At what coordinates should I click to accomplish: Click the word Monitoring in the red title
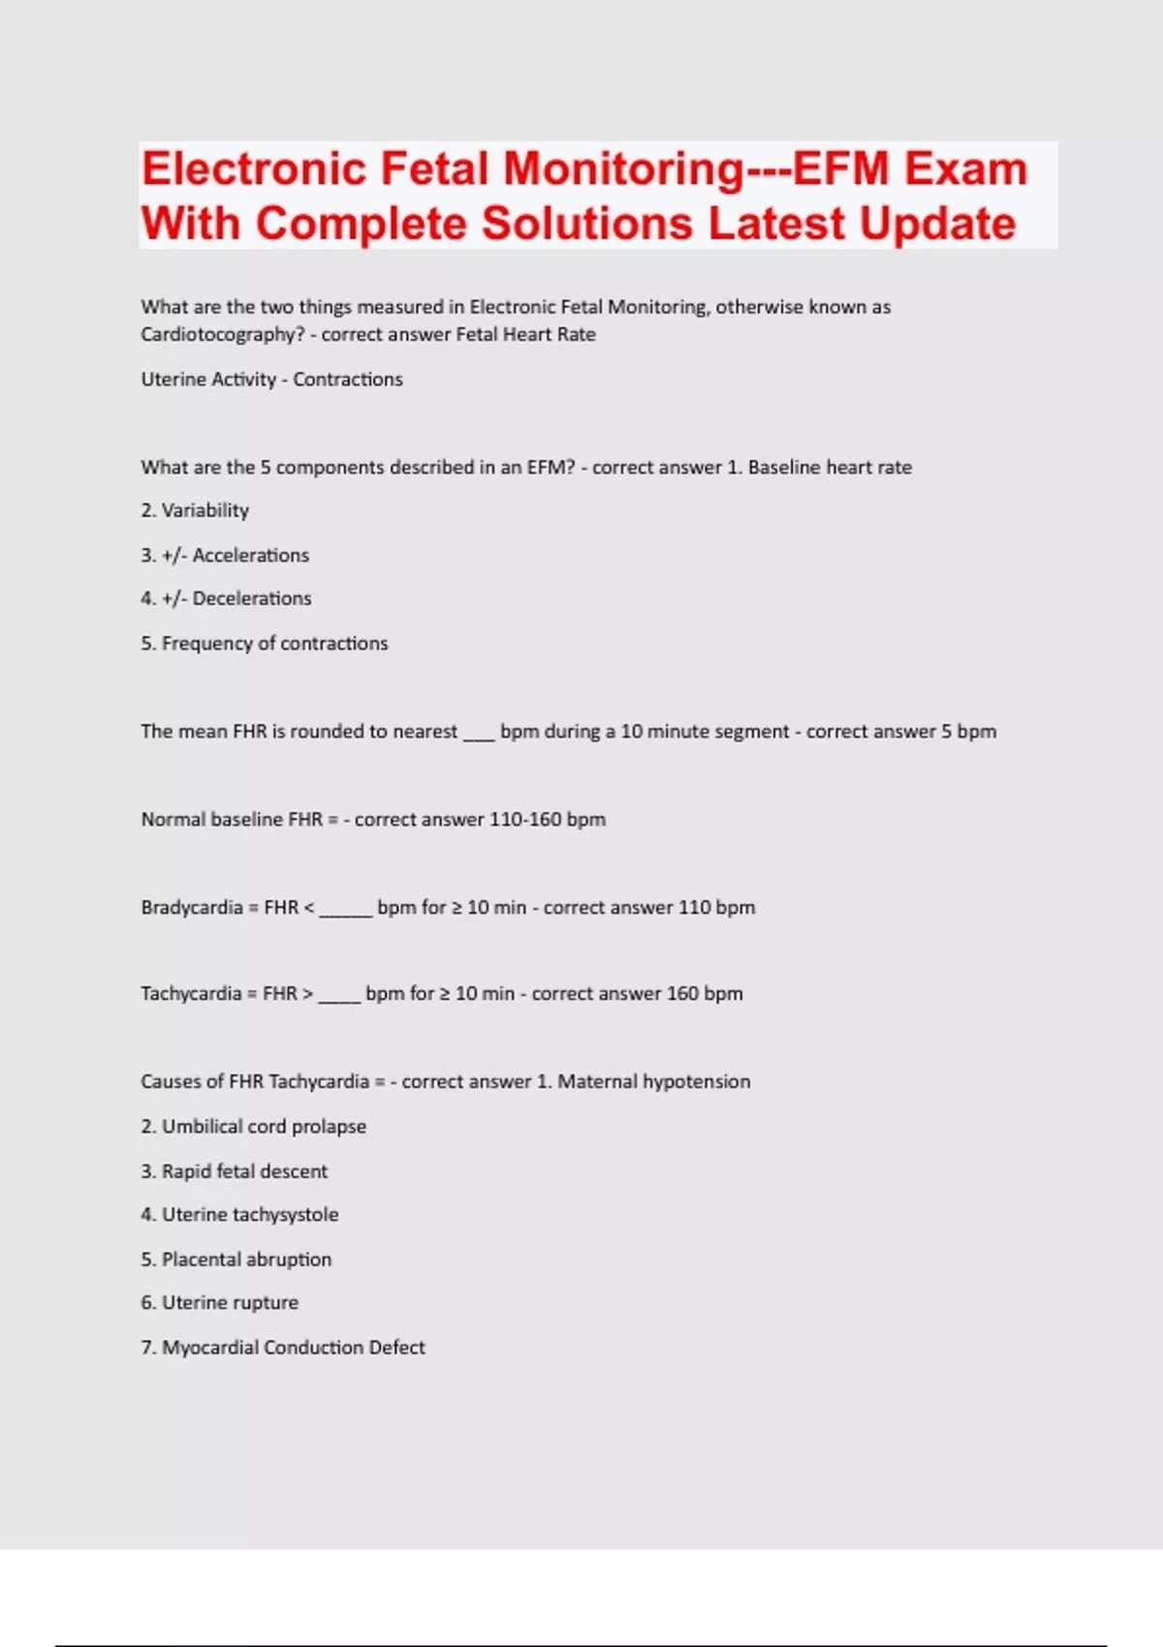point(624,169)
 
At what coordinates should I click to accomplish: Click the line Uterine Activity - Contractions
point(271,380)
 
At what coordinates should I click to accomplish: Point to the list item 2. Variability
point(195,511)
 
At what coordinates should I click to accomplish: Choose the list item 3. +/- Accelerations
point(225,555)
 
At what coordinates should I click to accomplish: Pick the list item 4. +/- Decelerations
point(226,599)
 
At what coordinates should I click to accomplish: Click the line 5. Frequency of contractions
point(264,643)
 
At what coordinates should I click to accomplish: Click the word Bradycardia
point(192,908)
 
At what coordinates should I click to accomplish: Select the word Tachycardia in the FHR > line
point(191,994)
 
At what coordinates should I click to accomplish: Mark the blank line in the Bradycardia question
point(346,911)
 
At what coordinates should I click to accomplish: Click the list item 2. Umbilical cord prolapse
point(253,1127)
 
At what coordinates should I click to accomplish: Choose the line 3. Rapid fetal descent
point(234,1171)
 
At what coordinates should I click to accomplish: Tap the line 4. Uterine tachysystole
point(239,1215)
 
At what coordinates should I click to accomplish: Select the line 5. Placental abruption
point(236,1259)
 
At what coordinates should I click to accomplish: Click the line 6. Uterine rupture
point(219,1303)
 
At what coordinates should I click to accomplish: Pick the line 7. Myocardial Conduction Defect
point(283,1348)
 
